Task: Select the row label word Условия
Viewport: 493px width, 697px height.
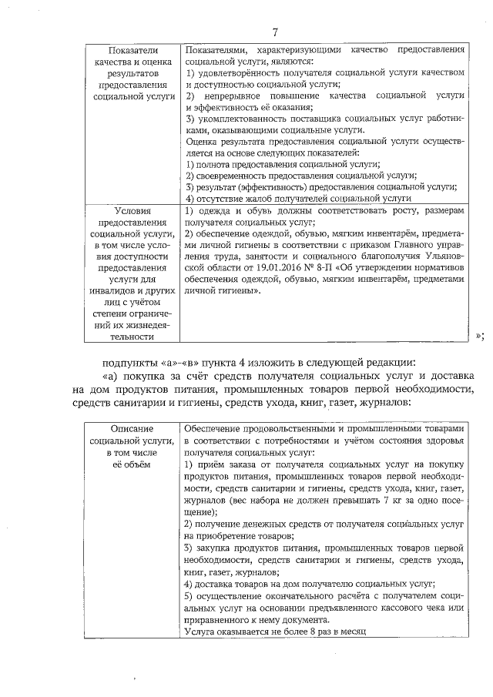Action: point(132,210)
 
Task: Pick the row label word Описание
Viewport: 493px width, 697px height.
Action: point(132,427)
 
